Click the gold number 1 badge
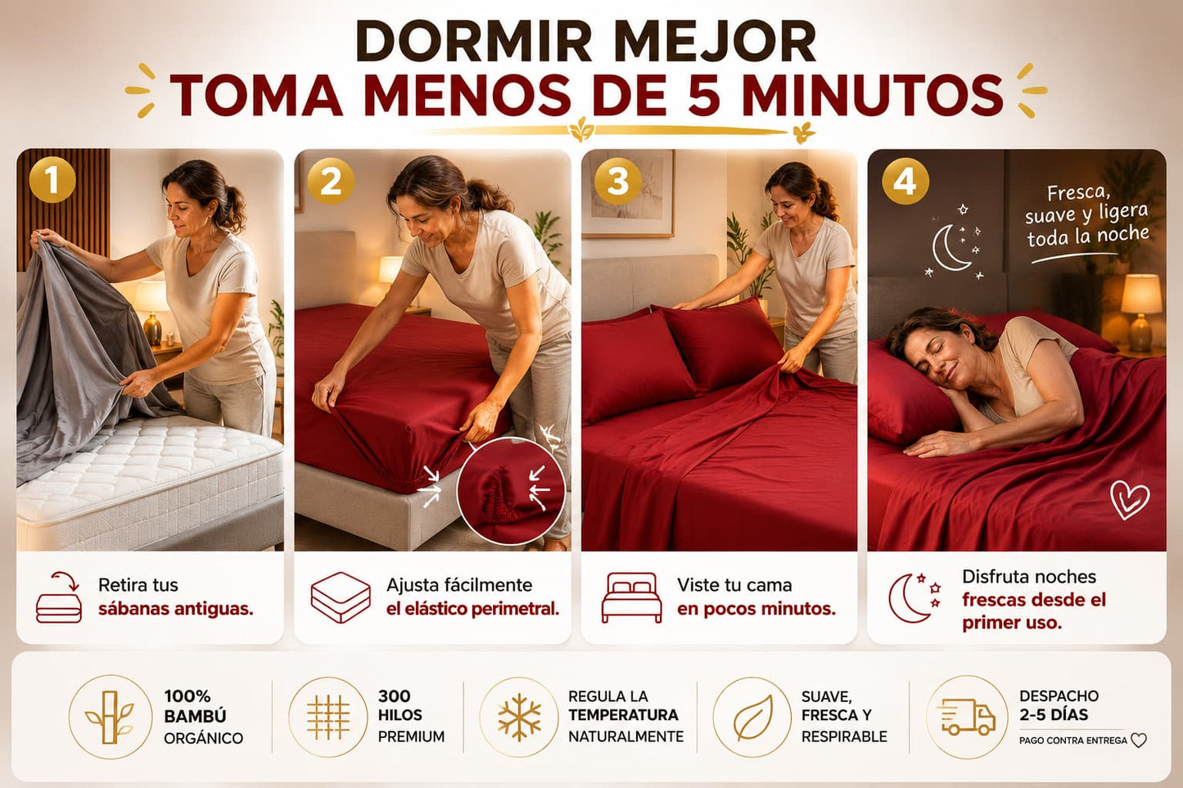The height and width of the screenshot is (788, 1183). tap(52, 180)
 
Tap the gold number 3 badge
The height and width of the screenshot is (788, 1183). tap(617, 181)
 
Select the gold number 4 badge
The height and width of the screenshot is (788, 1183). tap(905, 181)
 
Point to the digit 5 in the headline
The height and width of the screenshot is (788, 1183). tap(706, 95)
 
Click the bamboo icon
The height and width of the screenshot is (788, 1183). tap(110, 717)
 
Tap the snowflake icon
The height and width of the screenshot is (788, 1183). tap(519, 717)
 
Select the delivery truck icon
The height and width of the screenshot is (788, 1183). tap(966, 718)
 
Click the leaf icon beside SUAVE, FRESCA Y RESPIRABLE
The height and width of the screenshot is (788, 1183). tap(752, 718)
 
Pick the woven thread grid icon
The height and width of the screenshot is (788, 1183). tap(328, 717)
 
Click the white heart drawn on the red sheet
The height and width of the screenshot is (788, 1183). tap(1129, 499)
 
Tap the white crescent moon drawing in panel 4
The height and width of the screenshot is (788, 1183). tap(949, 247)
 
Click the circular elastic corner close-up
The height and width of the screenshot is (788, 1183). tap(511, 491)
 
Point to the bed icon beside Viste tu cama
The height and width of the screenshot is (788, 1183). tap(631, 597)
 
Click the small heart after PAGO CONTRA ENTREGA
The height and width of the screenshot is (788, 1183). tap(1139, 741)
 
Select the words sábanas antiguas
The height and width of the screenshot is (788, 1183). tap(176, 609)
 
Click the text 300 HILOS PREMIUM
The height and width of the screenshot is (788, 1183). tap(411, 716)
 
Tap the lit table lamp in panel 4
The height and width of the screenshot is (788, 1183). tap(1140, 312)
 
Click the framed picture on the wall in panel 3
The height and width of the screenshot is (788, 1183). tap(629, 193)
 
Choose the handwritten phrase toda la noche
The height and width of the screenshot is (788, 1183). tap(1088, 236)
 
